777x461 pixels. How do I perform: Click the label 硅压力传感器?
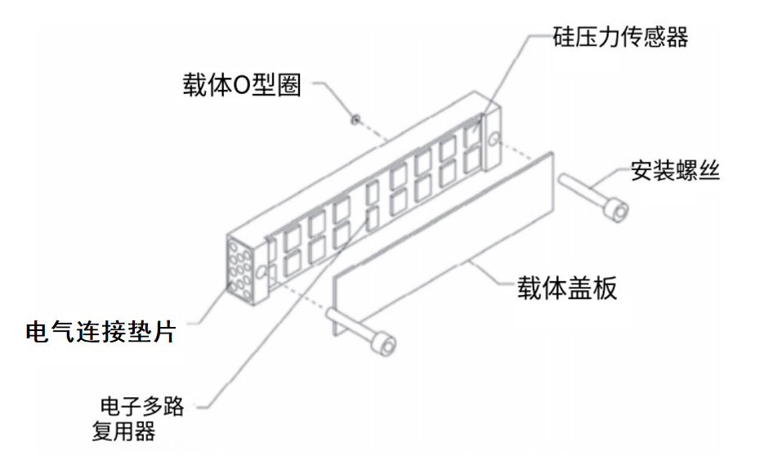(620, 37)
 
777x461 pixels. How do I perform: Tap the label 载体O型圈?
(242, 85)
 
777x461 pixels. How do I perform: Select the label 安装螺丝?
(675, 171)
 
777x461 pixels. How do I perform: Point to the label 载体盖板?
(567, 288)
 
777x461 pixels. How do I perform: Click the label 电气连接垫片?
(101, 332)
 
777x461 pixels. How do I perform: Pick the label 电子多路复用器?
(139, 418)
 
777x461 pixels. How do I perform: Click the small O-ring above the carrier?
(355, 119)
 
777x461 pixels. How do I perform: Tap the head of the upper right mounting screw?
(616, 210)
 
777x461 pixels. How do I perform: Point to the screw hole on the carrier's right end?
(493, 140)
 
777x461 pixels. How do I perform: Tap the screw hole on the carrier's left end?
(261, 272)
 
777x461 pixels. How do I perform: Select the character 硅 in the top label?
(564, 37)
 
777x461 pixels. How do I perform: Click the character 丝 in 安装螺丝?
(708, 171)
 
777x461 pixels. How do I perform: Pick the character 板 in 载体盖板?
(605, 288)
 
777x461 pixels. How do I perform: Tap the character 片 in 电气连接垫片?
(164, 332)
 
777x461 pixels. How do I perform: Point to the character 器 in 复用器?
(145, 431)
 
